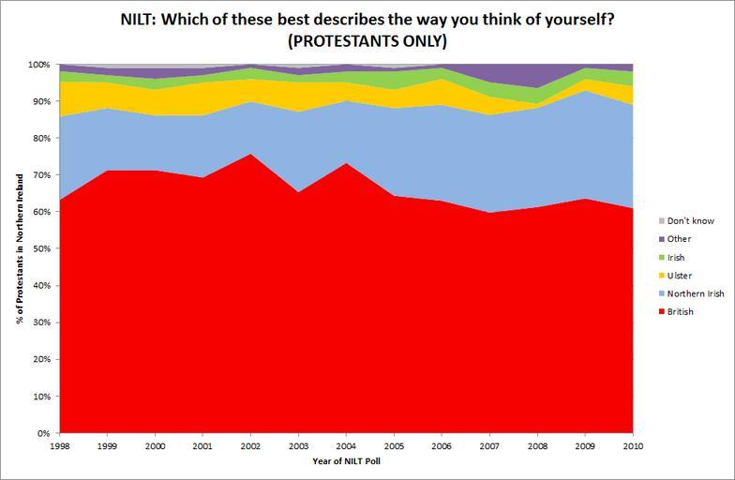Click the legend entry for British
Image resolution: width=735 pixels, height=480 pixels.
(x=680, y=311)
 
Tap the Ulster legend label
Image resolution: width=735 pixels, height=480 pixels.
(x=680, y=275)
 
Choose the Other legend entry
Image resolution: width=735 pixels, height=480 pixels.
(x=679, y=239)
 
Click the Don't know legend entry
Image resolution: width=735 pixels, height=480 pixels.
(x=689, y=220)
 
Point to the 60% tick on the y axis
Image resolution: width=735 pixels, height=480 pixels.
(x=41, y=212)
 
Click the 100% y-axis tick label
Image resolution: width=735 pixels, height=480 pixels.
(x=38, y=65)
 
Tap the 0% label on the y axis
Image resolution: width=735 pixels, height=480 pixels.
(x=44, y=433)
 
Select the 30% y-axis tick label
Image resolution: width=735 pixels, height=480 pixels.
(x=41, y=322)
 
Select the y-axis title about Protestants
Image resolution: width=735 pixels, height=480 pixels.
(x=20, y=248)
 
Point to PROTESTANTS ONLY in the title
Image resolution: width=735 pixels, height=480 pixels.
(x=367, y=41)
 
